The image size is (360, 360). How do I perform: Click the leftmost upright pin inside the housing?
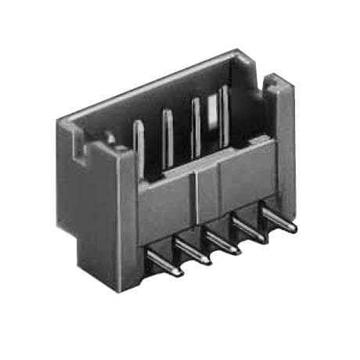(x=139, y=145)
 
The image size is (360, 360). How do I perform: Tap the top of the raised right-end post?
(x=278, y=80)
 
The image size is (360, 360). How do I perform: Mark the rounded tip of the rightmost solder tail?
(x=293, y=229)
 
